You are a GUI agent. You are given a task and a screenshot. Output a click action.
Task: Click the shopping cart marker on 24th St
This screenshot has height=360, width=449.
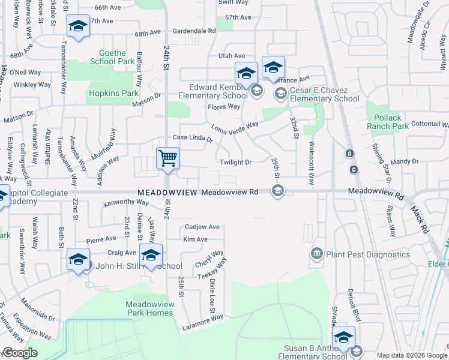(x=168, y=158)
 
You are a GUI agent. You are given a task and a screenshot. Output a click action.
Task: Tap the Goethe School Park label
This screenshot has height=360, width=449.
(x=112, y=57)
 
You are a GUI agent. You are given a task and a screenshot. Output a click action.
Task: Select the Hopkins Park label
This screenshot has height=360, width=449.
(x=113, y=94)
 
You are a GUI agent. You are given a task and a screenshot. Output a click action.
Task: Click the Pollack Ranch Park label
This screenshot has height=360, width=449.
(x=387, y=122)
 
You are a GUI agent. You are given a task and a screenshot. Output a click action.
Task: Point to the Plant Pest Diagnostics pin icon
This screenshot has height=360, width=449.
(x=316, y=255)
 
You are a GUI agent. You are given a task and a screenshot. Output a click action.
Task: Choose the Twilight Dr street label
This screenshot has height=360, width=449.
(x=235, y=163)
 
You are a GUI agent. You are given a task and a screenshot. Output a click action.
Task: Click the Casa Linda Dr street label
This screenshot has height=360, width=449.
(x=193, y=138)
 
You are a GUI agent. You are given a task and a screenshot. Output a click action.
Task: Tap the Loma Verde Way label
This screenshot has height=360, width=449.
(x=235, y=127)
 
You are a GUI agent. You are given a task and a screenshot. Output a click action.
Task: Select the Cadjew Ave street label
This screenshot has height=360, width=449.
(x=202, y=227)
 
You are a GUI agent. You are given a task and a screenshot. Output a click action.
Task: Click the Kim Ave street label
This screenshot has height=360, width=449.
(x=195, y=239)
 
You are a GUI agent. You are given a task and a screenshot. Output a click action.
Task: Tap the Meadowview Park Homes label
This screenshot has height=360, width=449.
(x=150, y=308)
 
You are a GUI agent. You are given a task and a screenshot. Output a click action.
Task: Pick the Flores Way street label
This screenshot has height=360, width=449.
(x=223, y=107)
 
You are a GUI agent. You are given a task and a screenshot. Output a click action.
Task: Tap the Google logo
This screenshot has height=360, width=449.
(x=20, y=353)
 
